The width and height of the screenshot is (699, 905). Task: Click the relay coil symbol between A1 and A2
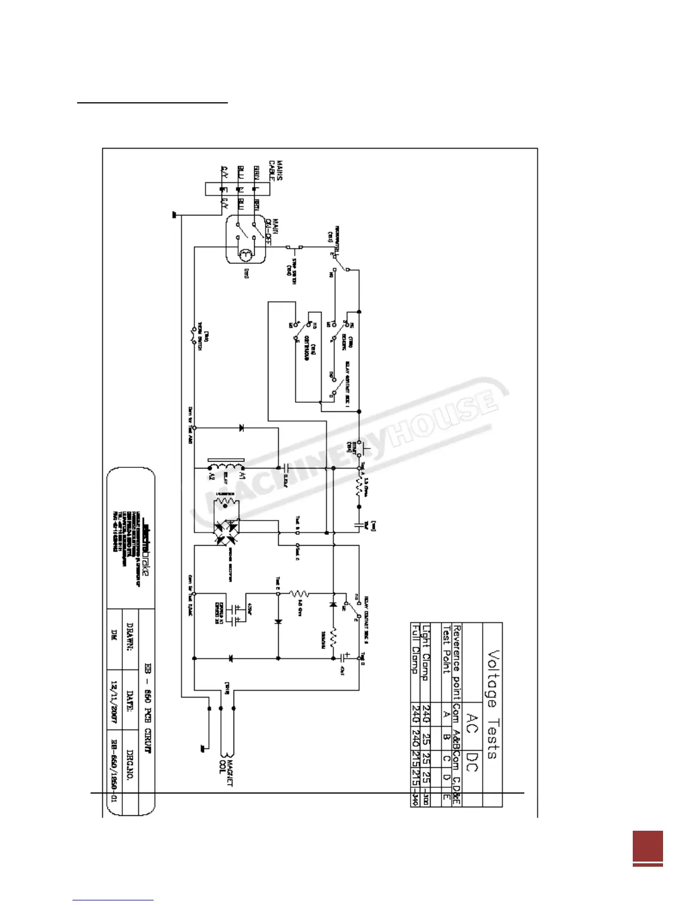coord(226,468)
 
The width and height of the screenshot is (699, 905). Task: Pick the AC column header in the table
coord(472,722)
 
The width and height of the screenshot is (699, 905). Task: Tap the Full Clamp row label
coord(416,648)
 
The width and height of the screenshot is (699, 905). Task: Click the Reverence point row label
coord(456,663)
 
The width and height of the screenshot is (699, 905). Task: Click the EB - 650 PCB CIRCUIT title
coord(147,708)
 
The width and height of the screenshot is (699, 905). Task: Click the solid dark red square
coord(648,846)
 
